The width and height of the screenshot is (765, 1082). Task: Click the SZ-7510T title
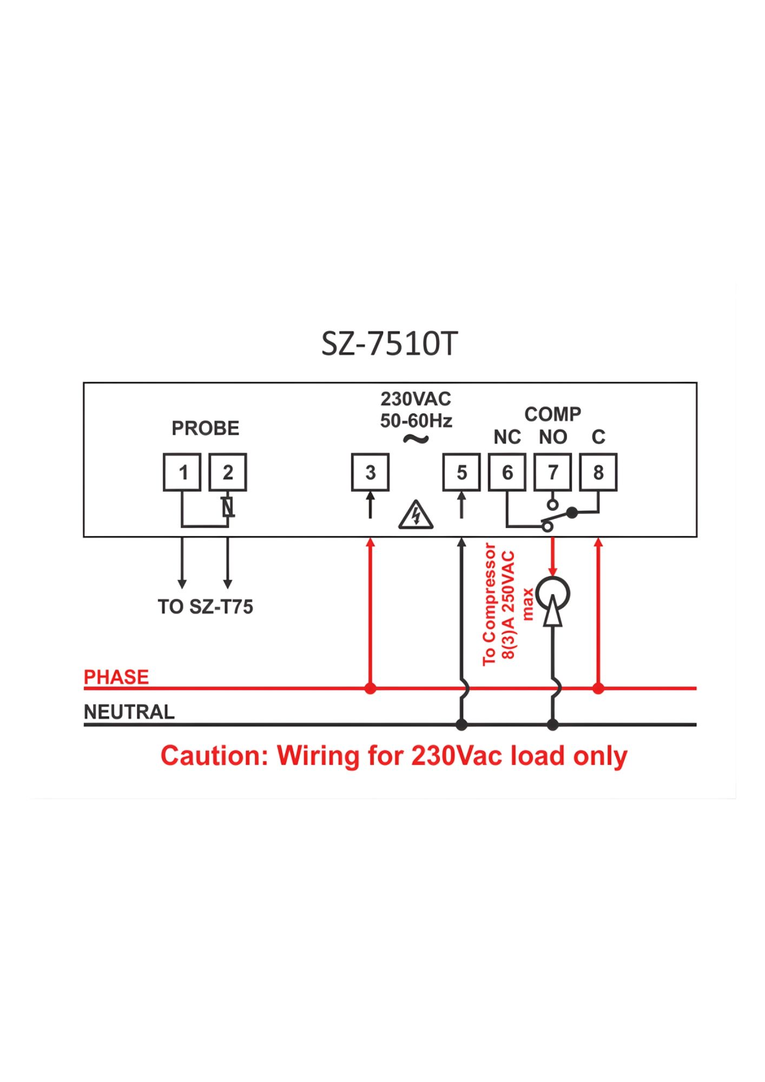[x=390, y=344]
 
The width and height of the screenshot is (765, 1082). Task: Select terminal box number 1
[x=182, y=472]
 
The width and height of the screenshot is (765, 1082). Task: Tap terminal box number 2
[x=228, y=472]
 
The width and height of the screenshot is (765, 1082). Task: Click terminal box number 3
[x=370, y=472]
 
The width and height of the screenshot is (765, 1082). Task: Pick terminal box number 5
[x=461, y=472]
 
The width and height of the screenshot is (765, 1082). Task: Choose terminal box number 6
[x=507, y=472]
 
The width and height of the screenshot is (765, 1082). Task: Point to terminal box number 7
[x=552, y=472]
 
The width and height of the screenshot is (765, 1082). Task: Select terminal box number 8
[x=598, y=472]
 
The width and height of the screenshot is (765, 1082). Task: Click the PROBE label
[x=205, y=428]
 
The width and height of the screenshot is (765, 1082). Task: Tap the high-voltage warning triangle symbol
[x=416, y=515]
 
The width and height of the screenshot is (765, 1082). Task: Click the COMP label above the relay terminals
[x=552, y=414]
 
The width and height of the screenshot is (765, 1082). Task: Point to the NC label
[x=507, y=437]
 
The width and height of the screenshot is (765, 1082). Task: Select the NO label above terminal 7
[x=552, y=437]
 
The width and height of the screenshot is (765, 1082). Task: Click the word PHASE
[x=116, y=677]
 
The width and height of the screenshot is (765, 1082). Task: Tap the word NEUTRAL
[x=129, y=712]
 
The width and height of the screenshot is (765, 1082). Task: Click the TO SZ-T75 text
[x=205, y=607]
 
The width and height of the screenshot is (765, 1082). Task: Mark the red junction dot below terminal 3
[x=370, y=689]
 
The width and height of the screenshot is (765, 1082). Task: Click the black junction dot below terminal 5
[x=461, y=724]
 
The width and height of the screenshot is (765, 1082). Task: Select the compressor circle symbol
[x=552, y=594]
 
